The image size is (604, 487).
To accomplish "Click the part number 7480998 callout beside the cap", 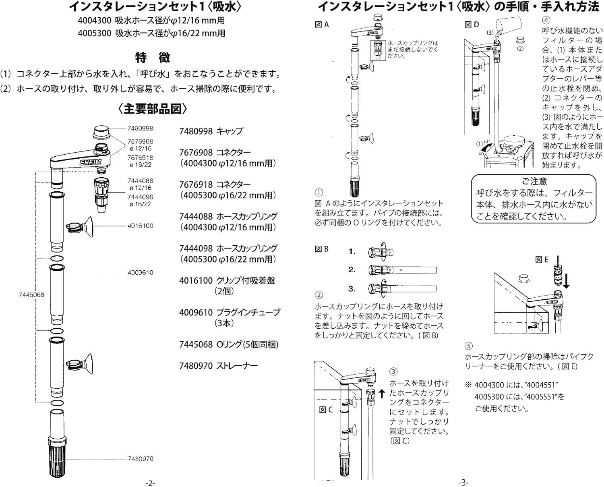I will tap(140, 128).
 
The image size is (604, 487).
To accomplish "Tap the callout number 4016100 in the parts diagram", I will tap(140, 226).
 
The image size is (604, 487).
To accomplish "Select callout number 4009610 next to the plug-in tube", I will tap(140, 273).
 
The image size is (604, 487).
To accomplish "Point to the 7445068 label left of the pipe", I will tap(31, 295).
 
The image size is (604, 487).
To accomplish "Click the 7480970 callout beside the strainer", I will tap(140, 459).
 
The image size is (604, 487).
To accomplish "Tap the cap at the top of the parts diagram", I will tap(103, 132).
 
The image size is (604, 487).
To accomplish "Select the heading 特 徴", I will tap(153, 58).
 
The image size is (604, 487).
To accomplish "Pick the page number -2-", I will tap(150, 483).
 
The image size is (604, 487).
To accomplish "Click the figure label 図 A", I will tap(322, 25).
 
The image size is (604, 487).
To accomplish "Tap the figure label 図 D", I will tap(472, 25).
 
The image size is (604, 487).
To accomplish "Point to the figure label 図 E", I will tap(542, 260).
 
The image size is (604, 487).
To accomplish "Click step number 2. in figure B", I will tap(352, 270).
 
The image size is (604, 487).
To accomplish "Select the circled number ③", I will tap(393, 371).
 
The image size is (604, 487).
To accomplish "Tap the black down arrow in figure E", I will tap(567, 281).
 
